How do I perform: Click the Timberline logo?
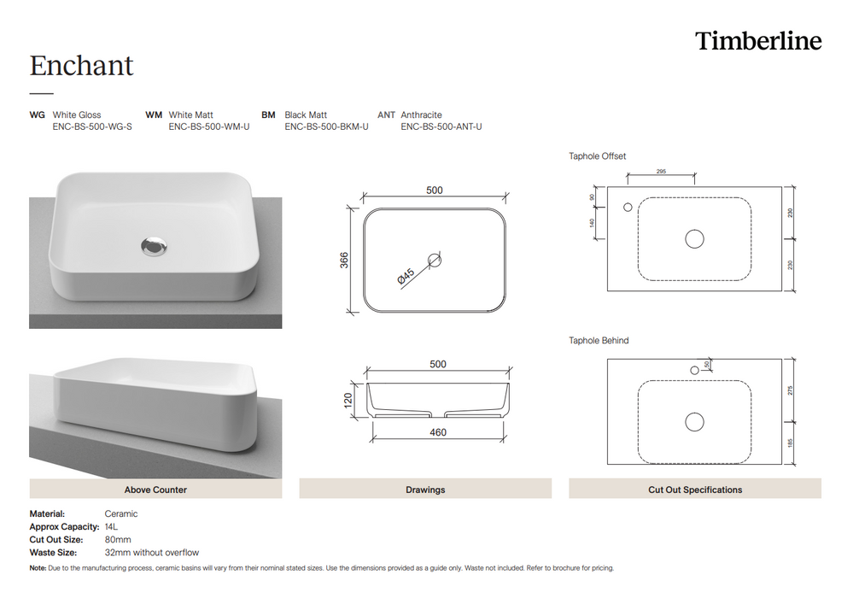point(758,41)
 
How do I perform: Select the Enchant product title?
point(82,66)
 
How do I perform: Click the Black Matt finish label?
point(306,114)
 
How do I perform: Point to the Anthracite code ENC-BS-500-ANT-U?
point(441,126)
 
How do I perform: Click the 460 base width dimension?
point(437,432)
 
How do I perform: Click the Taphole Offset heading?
point(598,156)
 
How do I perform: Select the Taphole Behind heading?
point(599,341)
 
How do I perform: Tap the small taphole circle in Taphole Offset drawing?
point(628,207)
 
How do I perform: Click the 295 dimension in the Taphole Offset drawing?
point(661,172)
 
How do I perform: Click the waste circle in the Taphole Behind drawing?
point(694,421)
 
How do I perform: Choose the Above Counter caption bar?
point(155,490)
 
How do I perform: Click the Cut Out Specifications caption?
point(695,490)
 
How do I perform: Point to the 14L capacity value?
point(112,527)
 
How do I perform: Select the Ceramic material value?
point(120,514)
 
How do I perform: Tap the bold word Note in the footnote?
point(38,568)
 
